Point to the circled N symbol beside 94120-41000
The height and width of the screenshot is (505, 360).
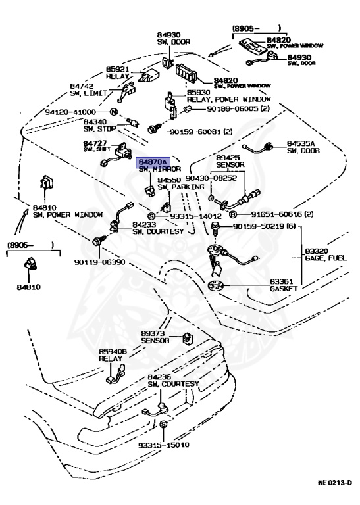[113, 112]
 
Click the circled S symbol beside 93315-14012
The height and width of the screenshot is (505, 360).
[151, 216]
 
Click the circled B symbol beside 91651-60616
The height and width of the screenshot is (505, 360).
[232, 214]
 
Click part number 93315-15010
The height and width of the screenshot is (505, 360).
[163, 445]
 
